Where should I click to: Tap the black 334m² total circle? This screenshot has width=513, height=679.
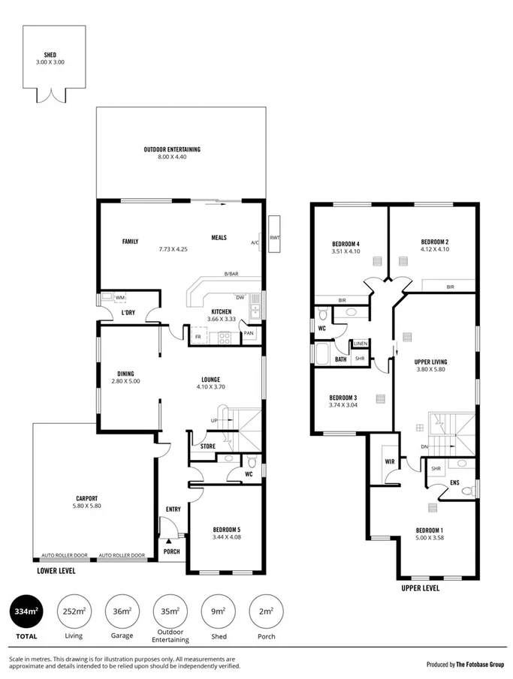(26, 611)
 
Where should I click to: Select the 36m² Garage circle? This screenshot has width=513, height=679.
(122, 611)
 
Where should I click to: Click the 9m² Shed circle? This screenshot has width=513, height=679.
(218, 611)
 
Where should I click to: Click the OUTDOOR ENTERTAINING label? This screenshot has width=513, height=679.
(172, 149)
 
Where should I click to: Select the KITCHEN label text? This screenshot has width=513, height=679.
(222, 311)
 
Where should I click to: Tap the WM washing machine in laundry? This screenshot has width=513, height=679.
(120, 298)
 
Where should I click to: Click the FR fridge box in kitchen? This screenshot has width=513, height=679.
(198, 337)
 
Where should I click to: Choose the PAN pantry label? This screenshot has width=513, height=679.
(249, 333)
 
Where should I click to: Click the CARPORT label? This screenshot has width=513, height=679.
(86, 498)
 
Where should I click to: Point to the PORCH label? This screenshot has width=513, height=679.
(172, 551)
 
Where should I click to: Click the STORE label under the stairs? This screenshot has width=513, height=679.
(208, 447)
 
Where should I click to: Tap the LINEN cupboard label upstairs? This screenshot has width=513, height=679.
(361, 344)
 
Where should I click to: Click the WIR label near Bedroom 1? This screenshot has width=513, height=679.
(389, 462)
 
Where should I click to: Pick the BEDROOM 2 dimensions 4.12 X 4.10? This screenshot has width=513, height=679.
(434, 249)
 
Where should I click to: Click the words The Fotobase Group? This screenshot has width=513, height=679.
(480, 664)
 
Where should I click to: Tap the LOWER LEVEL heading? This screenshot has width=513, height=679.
(56, 570)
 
